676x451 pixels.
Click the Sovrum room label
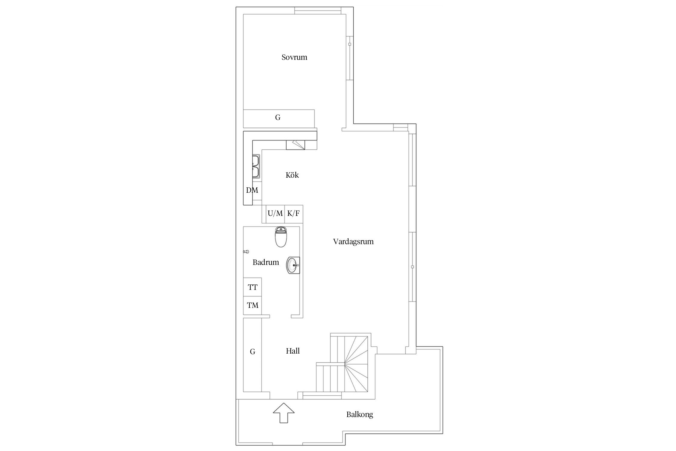point(294,57)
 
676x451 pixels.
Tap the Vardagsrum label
point(353,242)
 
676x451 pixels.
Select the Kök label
point(292,175)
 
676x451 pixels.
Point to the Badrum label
point(266,262)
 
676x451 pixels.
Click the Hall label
point(293,351)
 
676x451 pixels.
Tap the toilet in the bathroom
point(282,237)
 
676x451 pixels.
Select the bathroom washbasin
point(293,265)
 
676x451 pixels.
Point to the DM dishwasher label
point(252,190)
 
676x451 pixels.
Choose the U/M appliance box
point(275,214)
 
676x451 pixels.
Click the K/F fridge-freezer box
point(294,214)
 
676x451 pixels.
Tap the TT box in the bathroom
point(252,287)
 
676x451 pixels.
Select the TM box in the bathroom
point(252,305)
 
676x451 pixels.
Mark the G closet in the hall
point(252,355)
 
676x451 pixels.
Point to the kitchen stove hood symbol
point(295,145)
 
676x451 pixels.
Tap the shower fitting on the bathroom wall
point(246,251)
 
